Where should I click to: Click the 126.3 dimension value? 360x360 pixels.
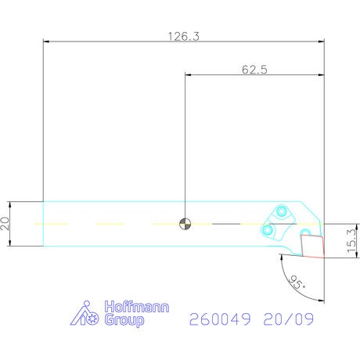(x=183, y=36)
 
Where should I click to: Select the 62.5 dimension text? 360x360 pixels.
(x=254, y=70)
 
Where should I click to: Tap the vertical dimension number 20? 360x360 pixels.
(x=5, y=224)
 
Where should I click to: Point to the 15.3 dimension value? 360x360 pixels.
(x=351, y=241)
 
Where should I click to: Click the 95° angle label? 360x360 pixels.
(x=297, y=282)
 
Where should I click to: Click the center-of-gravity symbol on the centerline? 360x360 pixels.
(x=185, y=224)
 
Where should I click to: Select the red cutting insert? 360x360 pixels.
(x=312, y=246)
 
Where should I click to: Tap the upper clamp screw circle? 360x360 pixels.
(x=281, y=211)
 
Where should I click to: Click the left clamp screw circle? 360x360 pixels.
(x=267, y=230)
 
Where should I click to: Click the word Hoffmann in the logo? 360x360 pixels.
(x=137, y=307)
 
